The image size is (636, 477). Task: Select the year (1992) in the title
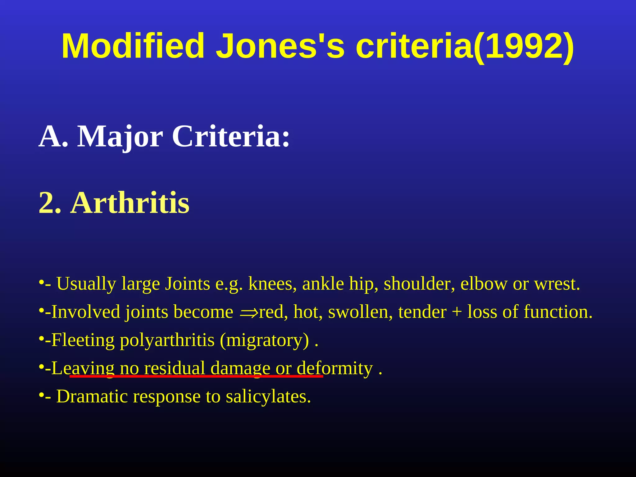(524, 47)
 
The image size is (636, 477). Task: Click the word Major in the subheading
(120, 137)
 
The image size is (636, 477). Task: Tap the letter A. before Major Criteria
(53, 137)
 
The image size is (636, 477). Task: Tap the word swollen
(360, 312)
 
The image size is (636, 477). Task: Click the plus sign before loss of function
(457, 312)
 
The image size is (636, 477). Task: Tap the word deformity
(334, 369)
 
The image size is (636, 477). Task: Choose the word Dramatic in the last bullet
(92, 397)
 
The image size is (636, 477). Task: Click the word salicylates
(268, 397)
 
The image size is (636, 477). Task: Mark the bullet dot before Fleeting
(41, 339)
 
